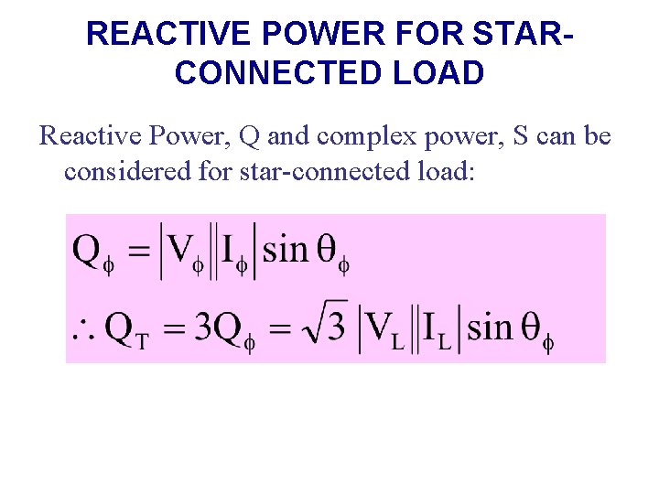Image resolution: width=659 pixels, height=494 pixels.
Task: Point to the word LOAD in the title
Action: [437, 72]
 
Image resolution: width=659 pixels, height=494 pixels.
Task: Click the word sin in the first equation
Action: [286, 249]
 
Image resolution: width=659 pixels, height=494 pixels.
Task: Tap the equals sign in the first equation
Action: [138, 251]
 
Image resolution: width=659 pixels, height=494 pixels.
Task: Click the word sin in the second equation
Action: [490, 327]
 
